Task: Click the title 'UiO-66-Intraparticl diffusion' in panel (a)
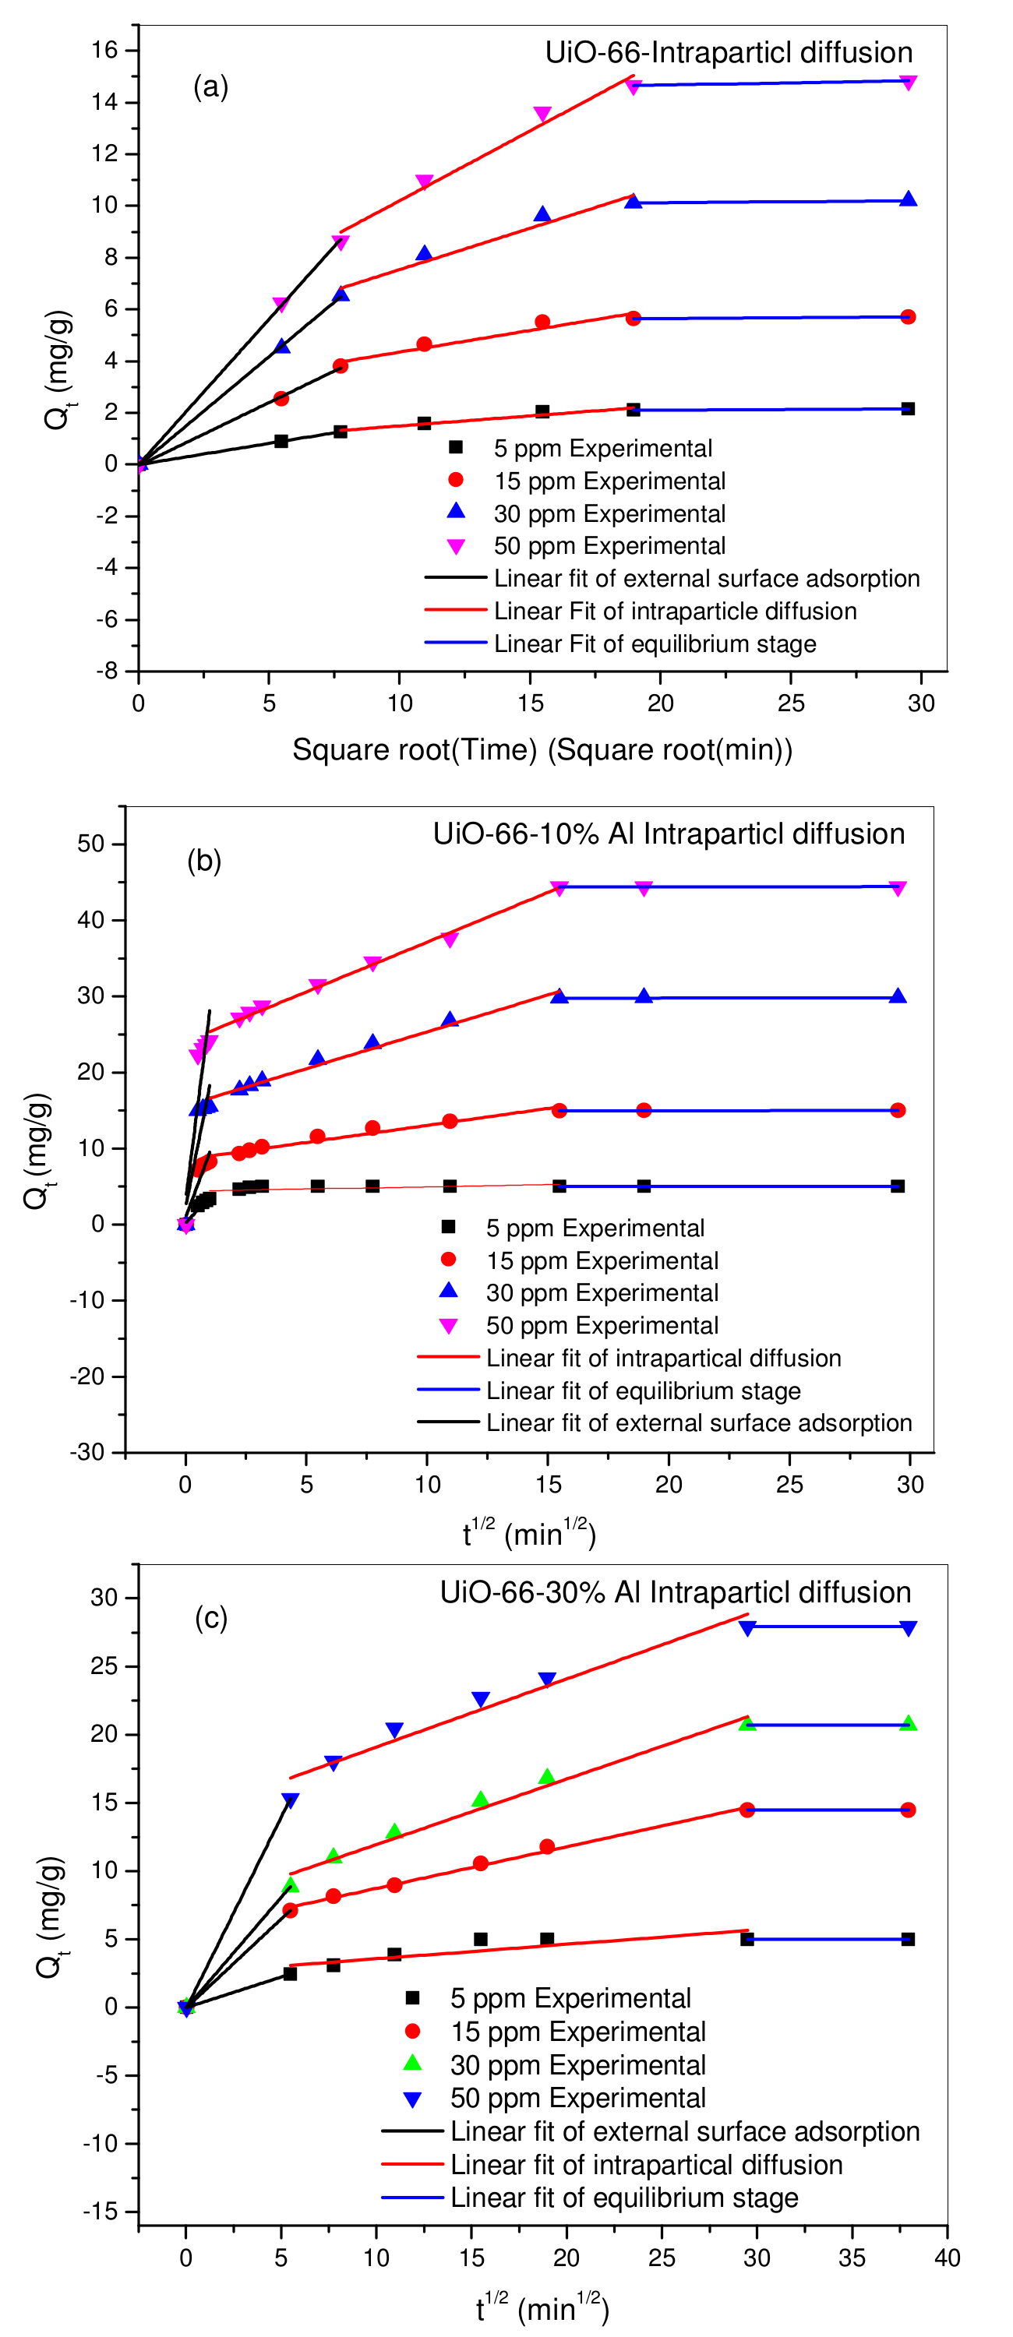pos(728,53)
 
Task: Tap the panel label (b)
pos(204,860)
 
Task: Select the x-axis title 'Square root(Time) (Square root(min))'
pos(542,749)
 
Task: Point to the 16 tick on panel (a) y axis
pos(105,50)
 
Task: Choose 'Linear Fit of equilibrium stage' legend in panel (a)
pos(655,644)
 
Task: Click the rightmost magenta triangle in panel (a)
pos(908,83)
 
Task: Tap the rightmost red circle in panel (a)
pos(908,316)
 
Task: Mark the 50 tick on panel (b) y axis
pos(90,844)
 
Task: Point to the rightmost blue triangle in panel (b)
pos(898,996)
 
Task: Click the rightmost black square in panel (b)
pos(898,1186)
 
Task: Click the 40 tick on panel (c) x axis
pos(947,2258)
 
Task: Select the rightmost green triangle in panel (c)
pos(908,1724)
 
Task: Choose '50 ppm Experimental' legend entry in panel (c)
pos(577,2098)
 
